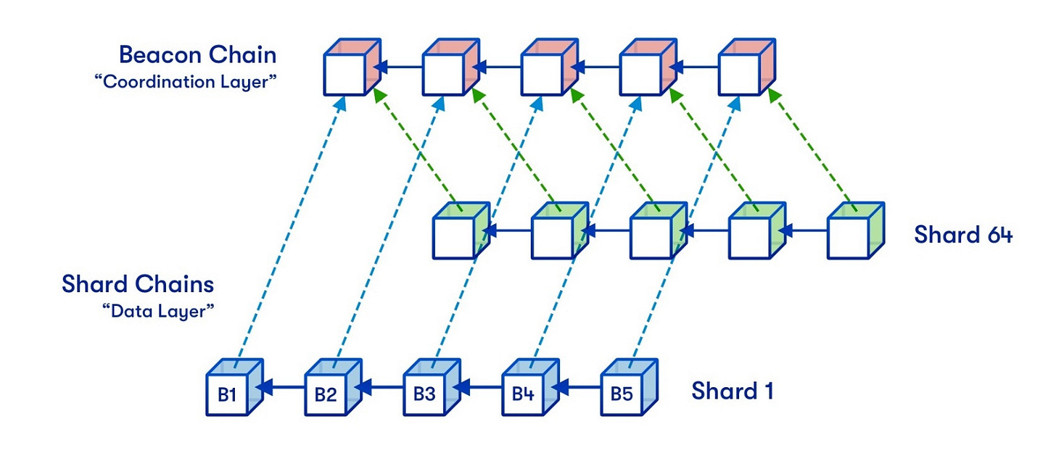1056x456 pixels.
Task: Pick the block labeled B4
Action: (x=523, y=394)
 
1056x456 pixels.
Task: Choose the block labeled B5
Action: (x=622, y=394)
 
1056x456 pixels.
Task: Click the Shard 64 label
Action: (x=962, y=235)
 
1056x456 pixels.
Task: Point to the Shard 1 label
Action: (x=733, y=391)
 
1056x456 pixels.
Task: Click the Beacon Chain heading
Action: (x=197, y=55)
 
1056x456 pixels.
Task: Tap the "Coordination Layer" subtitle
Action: (x=186, y=80)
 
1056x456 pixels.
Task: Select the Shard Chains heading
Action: (x=138, y=283)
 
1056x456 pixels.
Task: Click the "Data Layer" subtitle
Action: (x=160, y=311)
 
